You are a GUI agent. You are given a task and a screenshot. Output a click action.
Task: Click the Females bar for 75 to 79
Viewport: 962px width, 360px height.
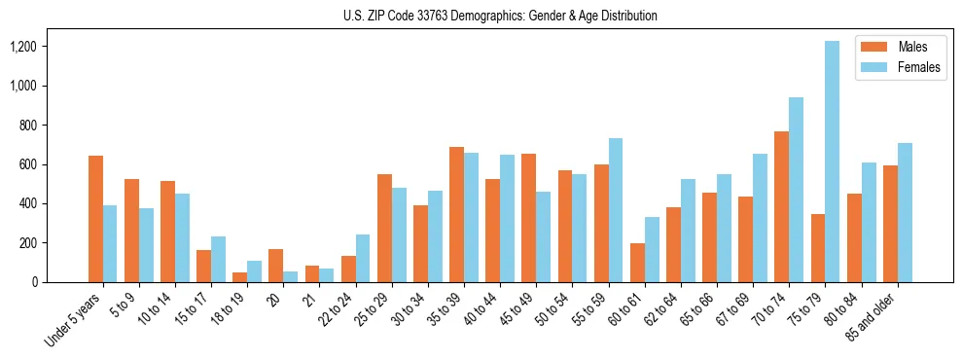tap(832, 162)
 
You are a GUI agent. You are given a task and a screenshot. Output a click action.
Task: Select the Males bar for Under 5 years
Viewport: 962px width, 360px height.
tap(95, 219)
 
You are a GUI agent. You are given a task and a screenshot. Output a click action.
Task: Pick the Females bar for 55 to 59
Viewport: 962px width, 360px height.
tap(615, 210)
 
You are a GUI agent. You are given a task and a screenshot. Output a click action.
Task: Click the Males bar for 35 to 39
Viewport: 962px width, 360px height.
tap(456, 214)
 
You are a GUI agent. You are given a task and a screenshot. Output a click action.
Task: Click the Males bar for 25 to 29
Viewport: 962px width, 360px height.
tap(384, 228)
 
